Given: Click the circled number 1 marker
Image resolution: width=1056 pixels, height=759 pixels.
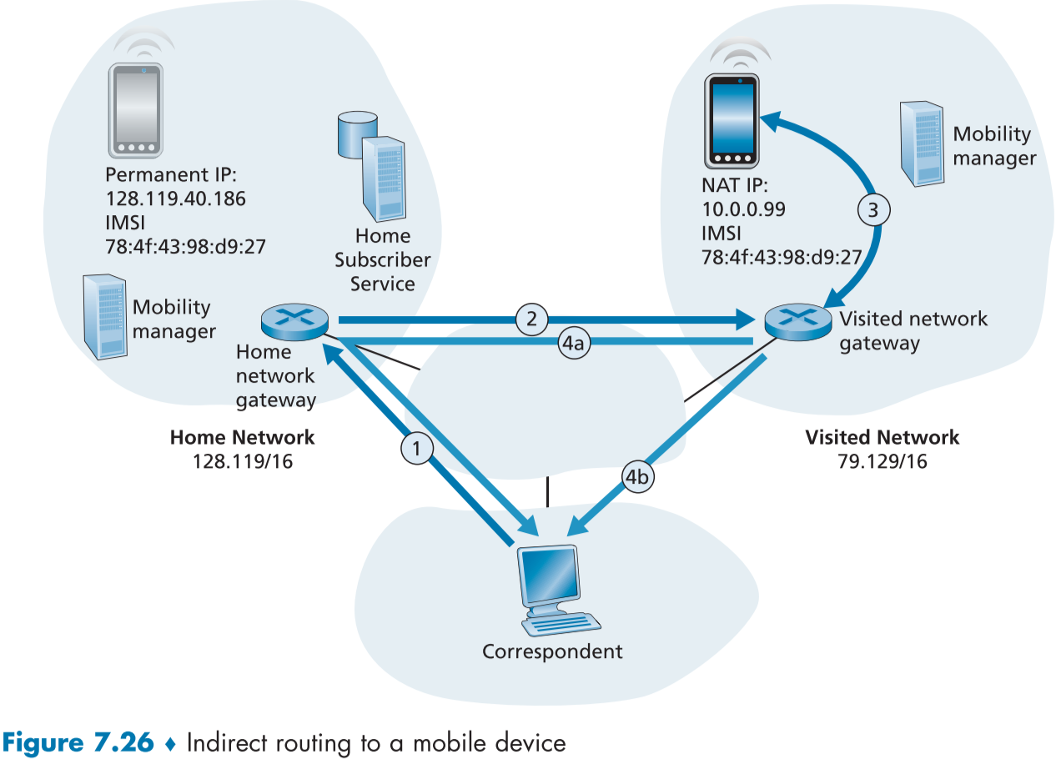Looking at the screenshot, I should tap(418, 449).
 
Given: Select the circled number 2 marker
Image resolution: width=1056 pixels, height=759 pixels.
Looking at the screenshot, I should tap(531, 318).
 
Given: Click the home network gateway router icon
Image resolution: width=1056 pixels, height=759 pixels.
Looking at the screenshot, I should tap(294, 319).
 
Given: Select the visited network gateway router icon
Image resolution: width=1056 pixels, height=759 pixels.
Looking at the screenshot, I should tap(797, 320).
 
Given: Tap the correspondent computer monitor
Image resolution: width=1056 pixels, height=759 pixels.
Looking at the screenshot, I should tap(548, 577).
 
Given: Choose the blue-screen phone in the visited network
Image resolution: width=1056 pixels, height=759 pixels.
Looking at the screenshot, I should tap(732, 120).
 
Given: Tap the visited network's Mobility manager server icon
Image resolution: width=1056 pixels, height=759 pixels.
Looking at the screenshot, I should tap(922, 143).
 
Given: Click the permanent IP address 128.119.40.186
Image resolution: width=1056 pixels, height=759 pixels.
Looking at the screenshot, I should tap(176, 200).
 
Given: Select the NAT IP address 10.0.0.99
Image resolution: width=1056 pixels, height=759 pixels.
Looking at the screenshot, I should tap(744, 209).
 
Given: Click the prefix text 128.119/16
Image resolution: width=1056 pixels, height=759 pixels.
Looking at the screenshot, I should tap(242, 460).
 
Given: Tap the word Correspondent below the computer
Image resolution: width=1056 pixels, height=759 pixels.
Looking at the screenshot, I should tap(552, 651).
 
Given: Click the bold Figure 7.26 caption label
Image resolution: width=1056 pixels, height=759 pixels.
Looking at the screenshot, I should tap(79, 741).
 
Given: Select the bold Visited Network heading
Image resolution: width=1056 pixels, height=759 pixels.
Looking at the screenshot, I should tap(882, 437).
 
